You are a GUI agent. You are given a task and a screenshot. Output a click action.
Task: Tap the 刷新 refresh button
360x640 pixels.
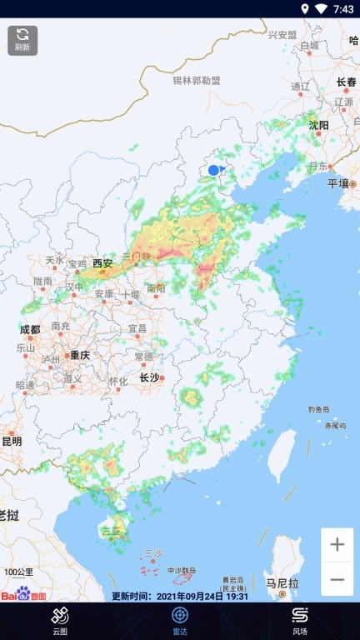pos(22,39)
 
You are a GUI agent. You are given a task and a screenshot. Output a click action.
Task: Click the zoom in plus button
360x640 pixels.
pos(337,545)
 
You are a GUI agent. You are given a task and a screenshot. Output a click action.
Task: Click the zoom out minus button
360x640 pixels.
pos(337,579)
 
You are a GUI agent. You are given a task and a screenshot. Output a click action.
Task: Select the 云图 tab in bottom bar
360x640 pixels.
pos(60,621)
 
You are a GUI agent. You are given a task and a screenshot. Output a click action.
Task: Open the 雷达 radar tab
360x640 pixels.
pos(180,621)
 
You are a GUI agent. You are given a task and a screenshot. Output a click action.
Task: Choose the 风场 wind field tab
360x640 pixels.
pos(300,621)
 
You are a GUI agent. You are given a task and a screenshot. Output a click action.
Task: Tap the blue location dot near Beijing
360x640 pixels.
pos(213,170)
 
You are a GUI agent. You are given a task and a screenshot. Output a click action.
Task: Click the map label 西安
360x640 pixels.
pos(102,262)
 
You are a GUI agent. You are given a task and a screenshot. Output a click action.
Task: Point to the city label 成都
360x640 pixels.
pos(29,329)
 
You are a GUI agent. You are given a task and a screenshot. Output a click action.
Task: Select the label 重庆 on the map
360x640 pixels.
pos(80,355)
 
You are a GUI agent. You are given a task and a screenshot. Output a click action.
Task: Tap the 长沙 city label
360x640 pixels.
pos(149,377)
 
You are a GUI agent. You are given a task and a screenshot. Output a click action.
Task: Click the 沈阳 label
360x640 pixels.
pos(319,125)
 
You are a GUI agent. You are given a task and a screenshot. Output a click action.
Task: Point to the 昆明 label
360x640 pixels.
pos(12,441)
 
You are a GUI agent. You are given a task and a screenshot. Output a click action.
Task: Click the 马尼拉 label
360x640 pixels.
pos(281,583)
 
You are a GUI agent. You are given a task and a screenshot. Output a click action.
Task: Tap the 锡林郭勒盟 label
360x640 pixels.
pos(197,81)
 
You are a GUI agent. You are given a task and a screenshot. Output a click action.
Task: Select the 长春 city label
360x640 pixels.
pos(346,82)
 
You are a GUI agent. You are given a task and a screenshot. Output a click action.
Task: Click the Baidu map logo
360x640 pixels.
pos(25,594)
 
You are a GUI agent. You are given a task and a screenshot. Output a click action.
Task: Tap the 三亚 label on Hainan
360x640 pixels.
pos(111,530)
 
